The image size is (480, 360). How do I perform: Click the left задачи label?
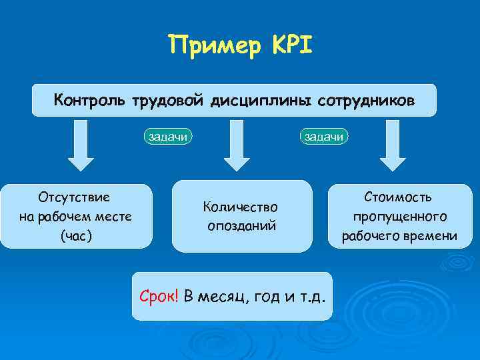(x=169, y=137)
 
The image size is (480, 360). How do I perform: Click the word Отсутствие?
(x=75, y=197)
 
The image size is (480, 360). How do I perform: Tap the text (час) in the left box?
(x=75, y=235)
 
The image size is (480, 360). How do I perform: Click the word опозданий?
(x=241, y=226)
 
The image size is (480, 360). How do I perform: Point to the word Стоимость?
(x=399, y=197)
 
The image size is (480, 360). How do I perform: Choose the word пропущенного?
(x=400, y=217)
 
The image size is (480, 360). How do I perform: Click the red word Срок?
(x=159, y=296)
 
